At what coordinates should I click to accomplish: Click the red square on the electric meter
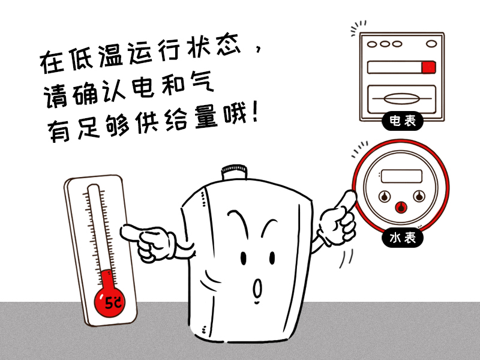point(428,67)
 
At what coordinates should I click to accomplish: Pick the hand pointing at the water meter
point(336,219)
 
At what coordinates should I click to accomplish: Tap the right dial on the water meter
point(418,196)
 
